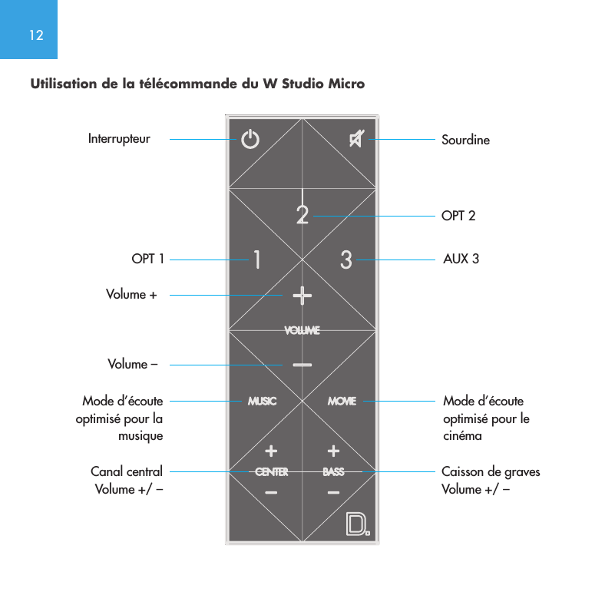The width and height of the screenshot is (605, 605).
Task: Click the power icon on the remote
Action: pos(250,141)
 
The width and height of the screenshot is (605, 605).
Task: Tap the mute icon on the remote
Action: pos(357,139)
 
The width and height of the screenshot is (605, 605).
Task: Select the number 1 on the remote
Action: pos(256,260)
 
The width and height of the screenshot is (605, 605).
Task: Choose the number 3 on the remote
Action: pos(346,260)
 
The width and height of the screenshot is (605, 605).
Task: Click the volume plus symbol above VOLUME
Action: pos(302,295)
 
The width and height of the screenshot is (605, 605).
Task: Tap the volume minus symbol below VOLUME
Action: pos(302,365)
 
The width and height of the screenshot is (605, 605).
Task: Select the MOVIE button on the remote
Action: pos(342,401)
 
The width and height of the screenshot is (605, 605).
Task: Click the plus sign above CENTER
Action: pos(271,450)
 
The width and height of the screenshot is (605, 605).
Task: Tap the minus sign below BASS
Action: pos(333,492)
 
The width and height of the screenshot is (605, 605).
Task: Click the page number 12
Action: pos(35,35)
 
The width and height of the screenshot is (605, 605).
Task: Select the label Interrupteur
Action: pos(119,139)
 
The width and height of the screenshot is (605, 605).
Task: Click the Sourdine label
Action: pos(465,141)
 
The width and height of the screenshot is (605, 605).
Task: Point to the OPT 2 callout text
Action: pos(458,217)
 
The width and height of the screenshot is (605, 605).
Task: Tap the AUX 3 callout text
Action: pos(461,260)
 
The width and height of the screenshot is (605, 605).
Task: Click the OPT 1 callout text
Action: pos(148,260)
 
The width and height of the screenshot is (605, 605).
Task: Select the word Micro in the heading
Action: pos(346,83)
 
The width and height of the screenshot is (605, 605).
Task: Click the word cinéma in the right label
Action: pos(462,435)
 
